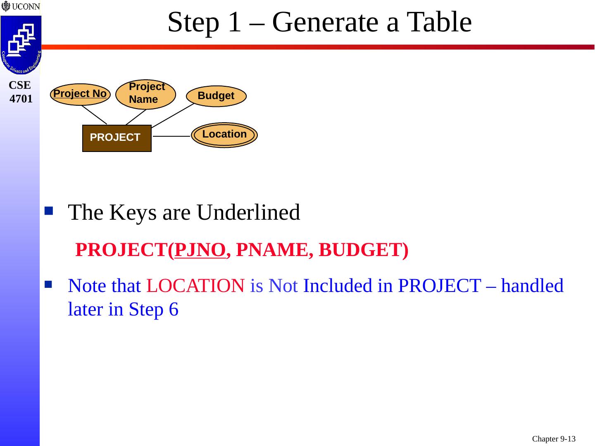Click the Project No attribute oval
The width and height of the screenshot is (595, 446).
coord(80,94)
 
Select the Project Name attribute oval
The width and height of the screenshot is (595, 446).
coord(146,94)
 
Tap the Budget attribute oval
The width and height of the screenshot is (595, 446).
coord(216,96)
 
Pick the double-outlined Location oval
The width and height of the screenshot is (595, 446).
coord(224,135)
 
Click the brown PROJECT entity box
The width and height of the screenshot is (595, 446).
coord(117,138)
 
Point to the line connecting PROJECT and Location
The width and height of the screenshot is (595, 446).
coord(171,136)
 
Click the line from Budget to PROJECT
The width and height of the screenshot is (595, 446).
coord(173,115)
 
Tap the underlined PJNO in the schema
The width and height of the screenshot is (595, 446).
coord(200,249)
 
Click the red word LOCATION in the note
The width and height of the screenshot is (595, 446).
coord(195,286)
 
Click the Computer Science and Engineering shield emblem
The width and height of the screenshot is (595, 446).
coord(21,45)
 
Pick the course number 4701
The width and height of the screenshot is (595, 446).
coord(21,99)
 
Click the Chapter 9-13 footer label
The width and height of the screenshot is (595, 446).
coord(554,439)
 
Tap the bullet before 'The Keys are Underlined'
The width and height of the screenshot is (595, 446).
coord(49,211)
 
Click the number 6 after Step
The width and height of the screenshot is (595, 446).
coord(174,309)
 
